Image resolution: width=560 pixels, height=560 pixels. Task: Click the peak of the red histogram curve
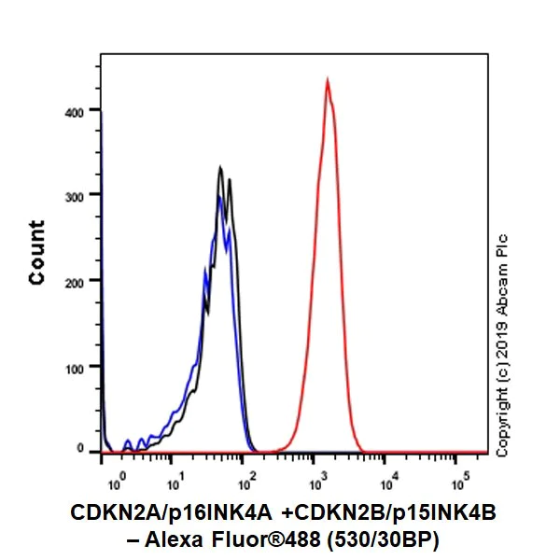click(x=328, y=80)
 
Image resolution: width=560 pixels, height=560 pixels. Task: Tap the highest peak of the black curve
click(x=219, y=168)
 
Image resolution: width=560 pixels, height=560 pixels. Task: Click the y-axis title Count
click(x=37, y=252)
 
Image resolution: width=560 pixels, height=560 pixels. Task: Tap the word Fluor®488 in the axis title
click(x=280, y=539)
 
